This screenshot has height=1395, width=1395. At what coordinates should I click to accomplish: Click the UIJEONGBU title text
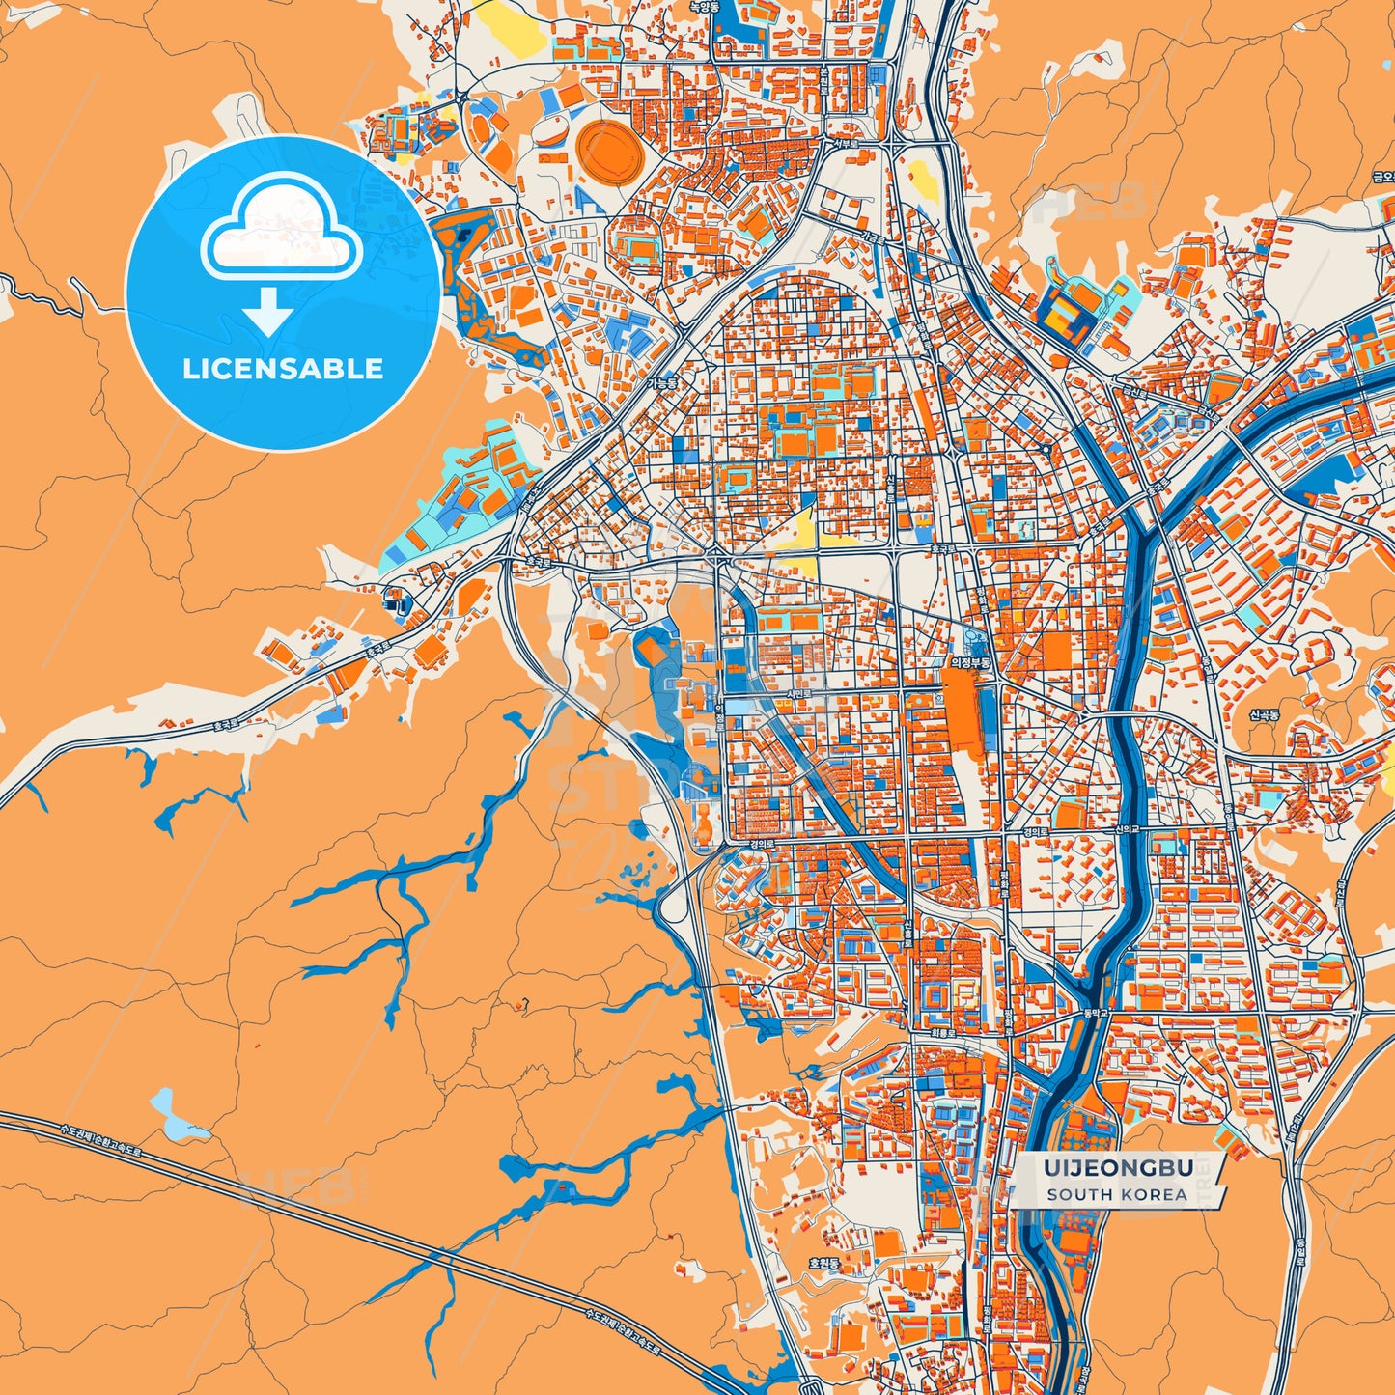point(1117,1168)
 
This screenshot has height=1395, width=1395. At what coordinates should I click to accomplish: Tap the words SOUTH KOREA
point(1117,1194)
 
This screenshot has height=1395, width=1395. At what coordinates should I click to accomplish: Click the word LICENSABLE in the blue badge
point(283,369)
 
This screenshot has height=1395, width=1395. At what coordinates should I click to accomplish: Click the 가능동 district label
point(663,382)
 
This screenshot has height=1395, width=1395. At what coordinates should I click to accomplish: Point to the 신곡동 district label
point(1263,715)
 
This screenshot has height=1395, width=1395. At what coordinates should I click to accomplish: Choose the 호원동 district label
point(825,1262)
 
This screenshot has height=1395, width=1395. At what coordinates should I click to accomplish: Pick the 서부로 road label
point(846,145)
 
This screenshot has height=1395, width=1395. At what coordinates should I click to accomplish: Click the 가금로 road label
point(872,237)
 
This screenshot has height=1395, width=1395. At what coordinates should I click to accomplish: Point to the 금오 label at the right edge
point(1383,177)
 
